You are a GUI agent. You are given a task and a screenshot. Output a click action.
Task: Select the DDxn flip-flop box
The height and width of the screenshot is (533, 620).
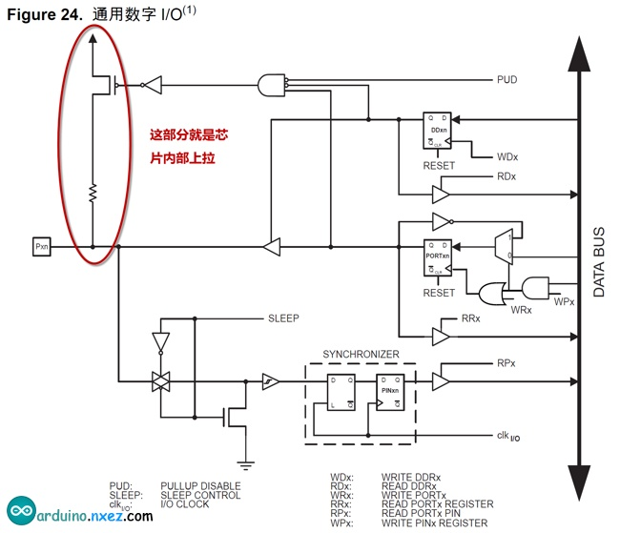tap(438, 133)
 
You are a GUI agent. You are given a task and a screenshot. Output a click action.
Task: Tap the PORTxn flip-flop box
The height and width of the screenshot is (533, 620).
tap(438, 257)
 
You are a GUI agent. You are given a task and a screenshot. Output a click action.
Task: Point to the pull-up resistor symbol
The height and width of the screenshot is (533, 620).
tap(93, 195)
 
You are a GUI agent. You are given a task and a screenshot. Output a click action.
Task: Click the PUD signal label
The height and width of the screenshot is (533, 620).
tap(506, 79)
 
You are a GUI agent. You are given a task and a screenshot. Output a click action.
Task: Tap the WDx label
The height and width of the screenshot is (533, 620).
tap(507, 154)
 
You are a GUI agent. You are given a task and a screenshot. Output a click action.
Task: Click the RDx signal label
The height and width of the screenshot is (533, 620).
tap(506, 176)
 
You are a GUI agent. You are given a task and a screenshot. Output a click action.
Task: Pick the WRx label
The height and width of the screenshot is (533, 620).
tap(520, 311)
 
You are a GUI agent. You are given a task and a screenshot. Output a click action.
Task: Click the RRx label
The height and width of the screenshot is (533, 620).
tap(471, 318)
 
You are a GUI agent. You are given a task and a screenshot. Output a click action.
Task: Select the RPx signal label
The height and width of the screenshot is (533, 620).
tap(506, 363)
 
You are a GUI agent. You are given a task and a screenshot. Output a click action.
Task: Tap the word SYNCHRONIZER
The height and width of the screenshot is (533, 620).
tap(361, 354)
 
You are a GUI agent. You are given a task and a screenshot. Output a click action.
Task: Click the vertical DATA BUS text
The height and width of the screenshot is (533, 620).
tap(600, 262)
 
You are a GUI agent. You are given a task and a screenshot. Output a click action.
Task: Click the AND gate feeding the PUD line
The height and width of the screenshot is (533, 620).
tap(275, 85)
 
